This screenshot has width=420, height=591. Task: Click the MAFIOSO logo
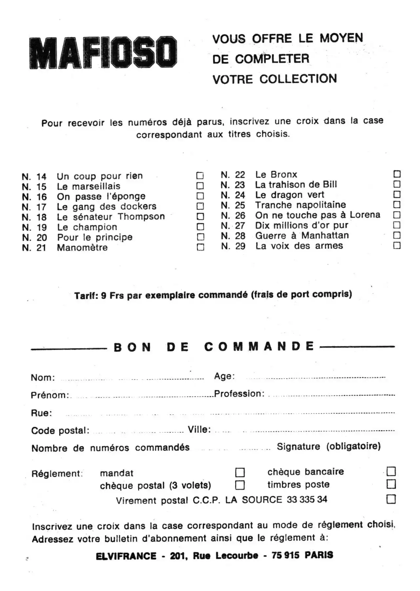click(103, 53)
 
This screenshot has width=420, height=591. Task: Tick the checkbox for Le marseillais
click(200, 186)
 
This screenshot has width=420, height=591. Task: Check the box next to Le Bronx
click(397, 174)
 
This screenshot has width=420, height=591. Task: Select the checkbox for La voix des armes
click(397, 245)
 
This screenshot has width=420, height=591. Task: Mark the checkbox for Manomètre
click(200, 247)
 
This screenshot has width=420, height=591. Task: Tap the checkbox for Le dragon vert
click(397, 194)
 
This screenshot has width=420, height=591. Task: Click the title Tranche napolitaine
click(300, 205)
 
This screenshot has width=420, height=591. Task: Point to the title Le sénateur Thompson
click(111, 217)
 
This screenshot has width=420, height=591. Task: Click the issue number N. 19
click(34, 227)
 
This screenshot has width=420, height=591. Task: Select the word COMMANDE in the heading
click(259, 346)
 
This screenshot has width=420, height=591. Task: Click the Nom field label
click(43, 378)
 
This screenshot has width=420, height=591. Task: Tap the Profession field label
click(239, 394)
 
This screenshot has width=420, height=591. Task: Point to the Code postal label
click(60, 430)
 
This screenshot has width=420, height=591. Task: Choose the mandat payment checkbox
click(240, 472)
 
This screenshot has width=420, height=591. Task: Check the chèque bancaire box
click(391, 471)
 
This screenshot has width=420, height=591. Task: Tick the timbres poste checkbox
click(391, 484)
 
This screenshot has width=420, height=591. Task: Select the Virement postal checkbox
click(391, 499)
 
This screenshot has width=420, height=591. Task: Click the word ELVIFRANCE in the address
click(126, 556)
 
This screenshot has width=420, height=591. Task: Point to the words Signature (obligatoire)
click(328, 446)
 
